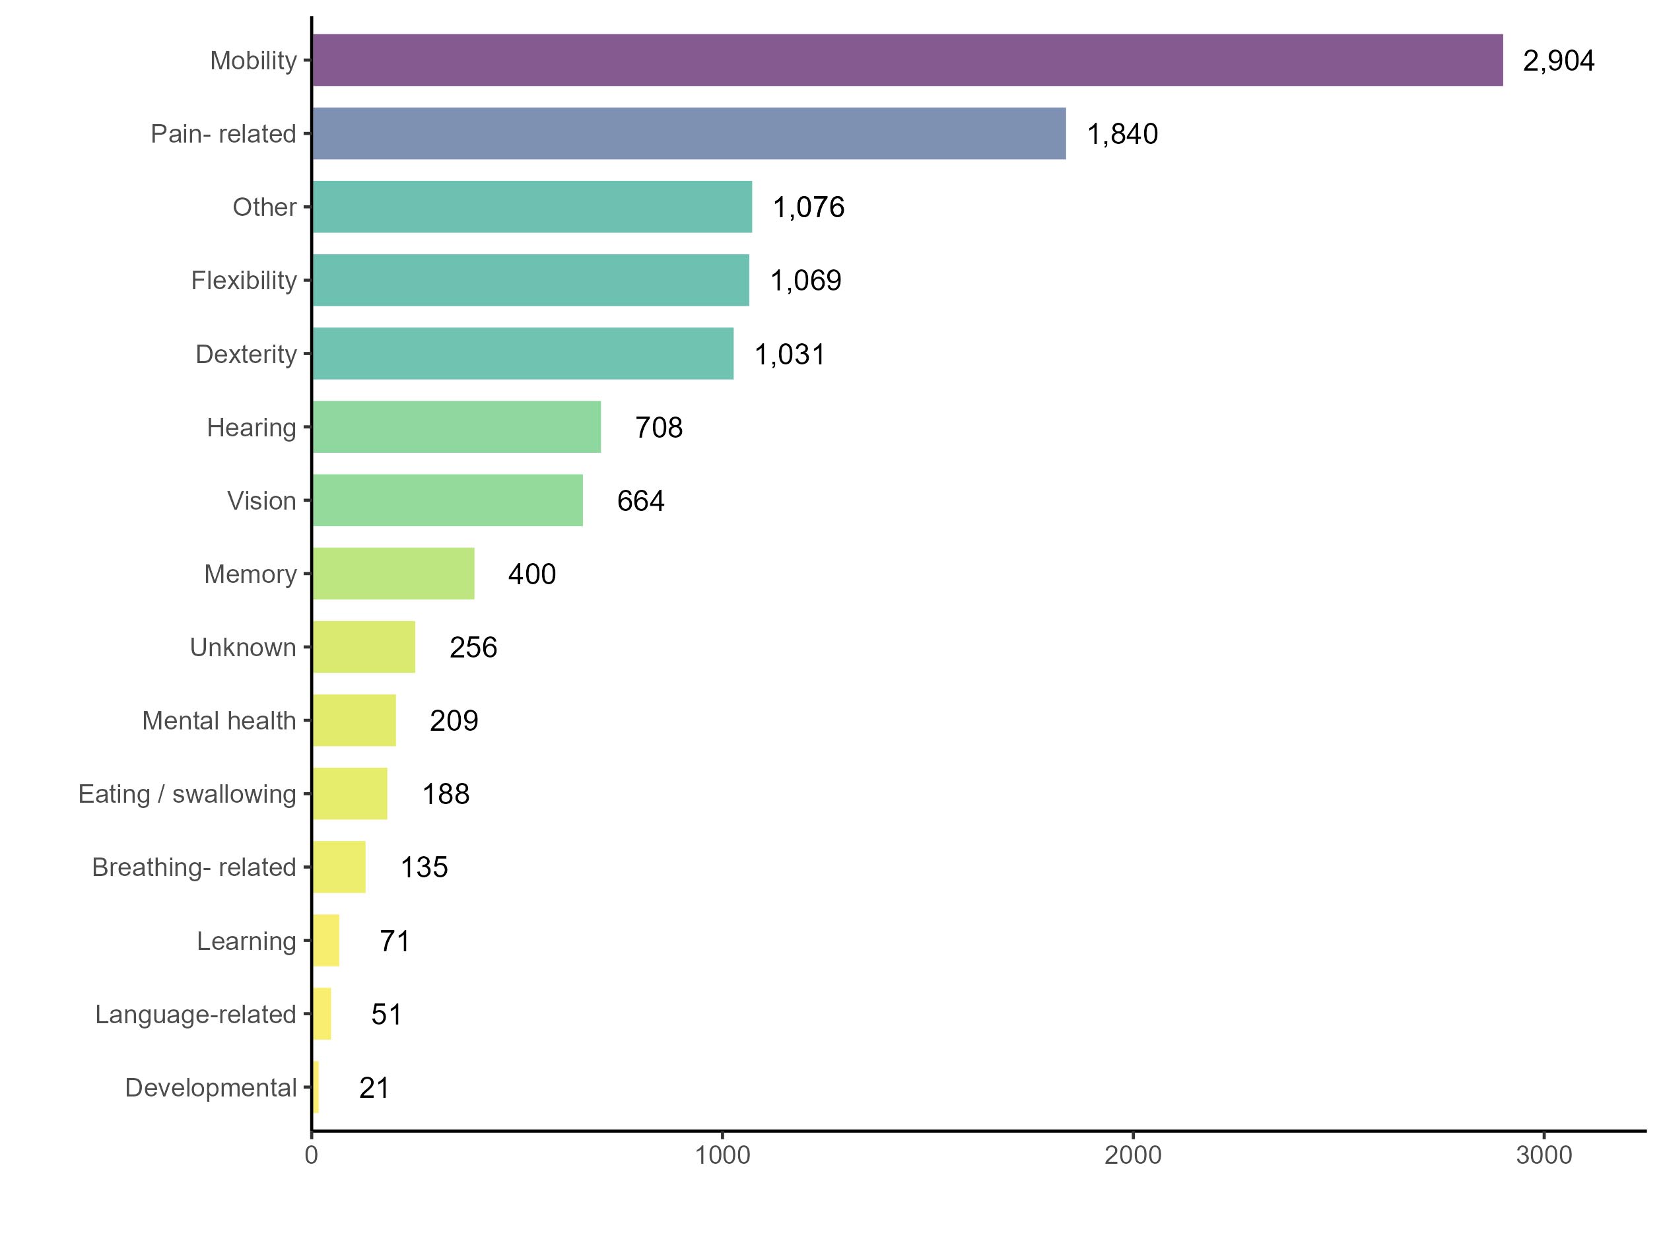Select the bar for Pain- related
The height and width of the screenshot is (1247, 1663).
click(x=689, y=134)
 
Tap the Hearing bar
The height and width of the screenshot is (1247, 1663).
click(x=456, y=427)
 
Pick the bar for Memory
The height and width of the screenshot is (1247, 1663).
click(x=393, y=574)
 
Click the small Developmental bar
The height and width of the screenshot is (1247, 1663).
click(x=316, y=1087)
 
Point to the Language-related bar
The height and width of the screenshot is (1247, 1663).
click(x=322, y=1014)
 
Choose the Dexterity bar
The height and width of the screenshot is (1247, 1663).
click(x=522, y=353)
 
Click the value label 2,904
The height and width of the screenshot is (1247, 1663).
click(x=1558, y=61)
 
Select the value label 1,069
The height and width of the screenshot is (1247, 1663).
click(x=805, y=281)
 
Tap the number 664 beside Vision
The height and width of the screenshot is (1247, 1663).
click(x=640, y=500)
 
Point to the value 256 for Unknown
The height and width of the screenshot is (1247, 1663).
click(x=473, y=647)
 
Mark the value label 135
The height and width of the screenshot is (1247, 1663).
click(x=424, y=867)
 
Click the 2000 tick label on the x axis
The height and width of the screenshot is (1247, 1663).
click(x=1132, y=1155)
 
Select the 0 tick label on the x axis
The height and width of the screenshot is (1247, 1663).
click(x=311, y=1155)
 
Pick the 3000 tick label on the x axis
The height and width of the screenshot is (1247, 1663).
click(x=1544, y=1155)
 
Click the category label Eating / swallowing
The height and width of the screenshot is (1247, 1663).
click(x=187, y=793)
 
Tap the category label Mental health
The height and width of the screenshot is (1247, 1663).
click(x=219, y=721)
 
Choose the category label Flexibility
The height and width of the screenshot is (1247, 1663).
click(x=244, y=281)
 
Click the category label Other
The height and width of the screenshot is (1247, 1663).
click(x=264, y=207)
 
